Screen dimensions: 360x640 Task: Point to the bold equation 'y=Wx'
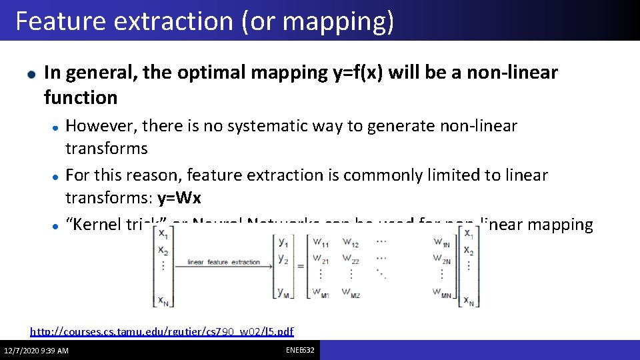(x=179, y=198)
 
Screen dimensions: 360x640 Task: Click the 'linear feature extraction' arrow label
(x=223, y=262)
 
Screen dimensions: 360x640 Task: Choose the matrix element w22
(x=350, y=259)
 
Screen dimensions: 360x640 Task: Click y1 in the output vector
(x=284, y=243)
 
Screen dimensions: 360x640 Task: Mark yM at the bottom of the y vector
(x=284, y=291)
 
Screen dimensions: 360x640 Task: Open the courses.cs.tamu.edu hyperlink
(x=162, y=331)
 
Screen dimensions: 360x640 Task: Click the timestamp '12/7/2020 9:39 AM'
(x=36, y=351)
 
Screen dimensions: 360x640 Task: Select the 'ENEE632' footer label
(x=300, y=350)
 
